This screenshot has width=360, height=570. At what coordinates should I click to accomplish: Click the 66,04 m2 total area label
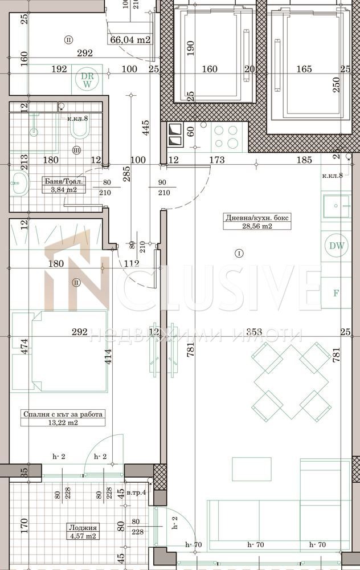tap(130, 39)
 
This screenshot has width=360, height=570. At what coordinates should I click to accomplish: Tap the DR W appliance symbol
tap(87, 80)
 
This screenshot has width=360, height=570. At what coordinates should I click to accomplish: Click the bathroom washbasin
tap(19, 184)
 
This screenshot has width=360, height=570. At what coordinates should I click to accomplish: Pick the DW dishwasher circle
tap(336, 246)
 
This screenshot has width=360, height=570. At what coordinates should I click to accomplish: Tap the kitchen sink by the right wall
tap(336, 206)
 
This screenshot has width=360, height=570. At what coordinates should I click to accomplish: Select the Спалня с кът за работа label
tap(63, 414)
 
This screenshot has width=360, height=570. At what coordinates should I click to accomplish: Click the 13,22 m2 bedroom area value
tap(63, 422)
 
